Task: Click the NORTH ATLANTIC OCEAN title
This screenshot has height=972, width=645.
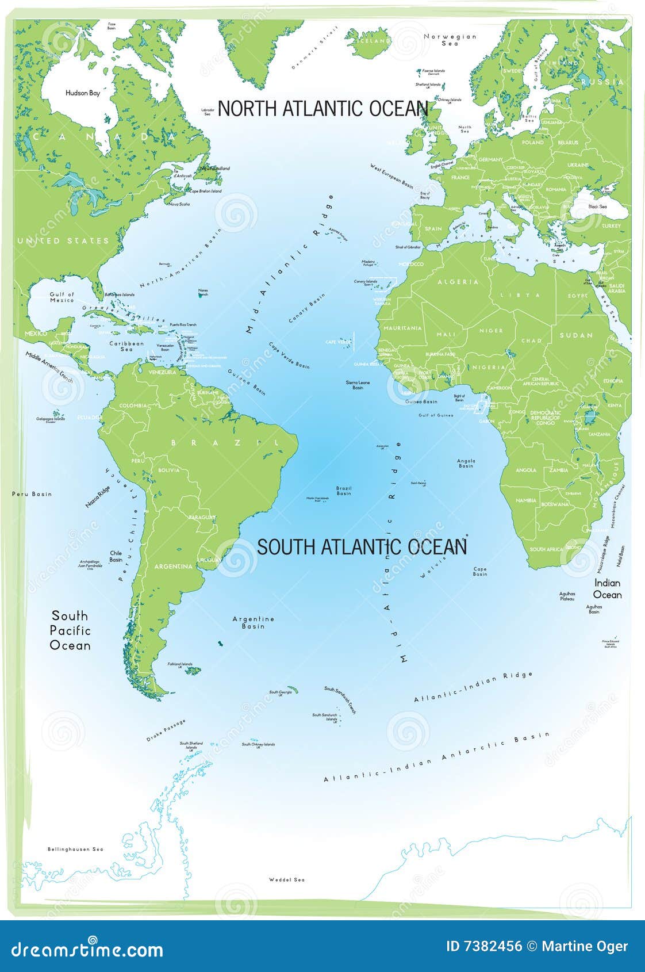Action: point(322,109)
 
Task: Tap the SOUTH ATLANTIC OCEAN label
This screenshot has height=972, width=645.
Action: point(362,547)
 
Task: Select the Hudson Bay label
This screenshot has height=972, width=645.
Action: point(83,93)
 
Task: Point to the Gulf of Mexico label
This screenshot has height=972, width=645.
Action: point(62,297)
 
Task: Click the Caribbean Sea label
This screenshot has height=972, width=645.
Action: point(126,346)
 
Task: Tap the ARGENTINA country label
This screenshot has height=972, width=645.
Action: point(173,567)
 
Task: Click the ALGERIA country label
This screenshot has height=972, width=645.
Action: point(458,282)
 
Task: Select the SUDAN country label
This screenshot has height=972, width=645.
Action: point(575,335)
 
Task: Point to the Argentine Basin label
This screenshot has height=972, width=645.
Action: point(253,622)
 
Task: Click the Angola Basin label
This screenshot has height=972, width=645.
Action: point(466,463)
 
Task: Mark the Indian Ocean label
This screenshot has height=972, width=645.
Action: point(607,589)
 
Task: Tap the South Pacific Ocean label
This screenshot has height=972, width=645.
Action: point(70,630)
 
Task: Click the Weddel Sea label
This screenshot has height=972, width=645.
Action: point(287,879)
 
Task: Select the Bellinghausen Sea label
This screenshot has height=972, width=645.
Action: point(75,849)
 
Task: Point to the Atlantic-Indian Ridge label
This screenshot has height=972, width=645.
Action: point(473,687)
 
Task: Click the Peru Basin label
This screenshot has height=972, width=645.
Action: point(32,493)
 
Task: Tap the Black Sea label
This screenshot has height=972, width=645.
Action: point(597,206)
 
